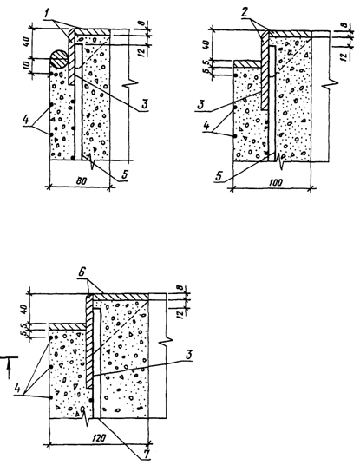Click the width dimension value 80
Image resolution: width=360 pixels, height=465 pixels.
81,181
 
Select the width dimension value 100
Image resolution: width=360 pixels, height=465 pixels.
276,182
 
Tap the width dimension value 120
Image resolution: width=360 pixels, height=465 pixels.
98,438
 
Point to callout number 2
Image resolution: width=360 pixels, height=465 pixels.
245,13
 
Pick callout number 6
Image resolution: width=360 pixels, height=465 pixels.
82,273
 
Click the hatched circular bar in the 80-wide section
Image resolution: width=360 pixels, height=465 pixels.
59,60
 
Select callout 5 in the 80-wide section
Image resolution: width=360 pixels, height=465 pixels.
125,174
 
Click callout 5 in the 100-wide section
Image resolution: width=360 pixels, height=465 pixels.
219,176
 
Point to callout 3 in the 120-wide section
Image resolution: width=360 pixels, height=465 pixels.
189,355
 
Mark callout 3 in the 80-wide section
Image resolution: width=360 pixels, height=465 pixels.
144,104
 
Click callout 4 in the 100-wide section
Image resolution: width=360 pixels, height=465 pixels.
206,126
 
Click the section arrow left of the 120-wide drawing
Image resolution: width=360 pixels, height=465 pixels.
9,367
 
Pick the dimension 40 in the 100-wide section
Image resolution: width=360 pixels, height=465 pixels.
207,44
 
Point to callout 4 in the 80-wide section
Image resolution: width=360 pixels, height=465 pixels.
25,120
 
